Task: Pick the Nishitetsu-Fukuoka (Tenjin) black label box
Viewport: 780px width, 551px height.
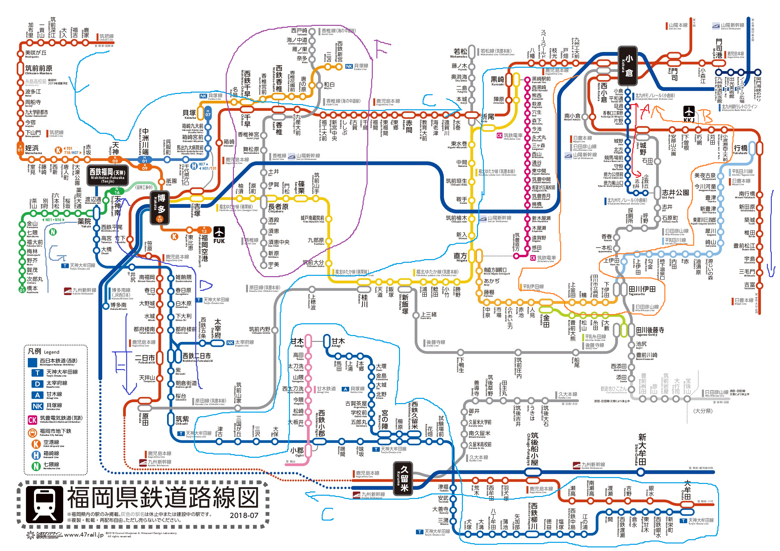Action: (108, 175)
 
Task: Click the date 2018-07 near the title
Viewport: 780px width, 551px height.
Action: (244, 515)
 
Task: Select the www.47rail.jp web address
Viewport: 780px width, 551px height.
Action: (84, 535)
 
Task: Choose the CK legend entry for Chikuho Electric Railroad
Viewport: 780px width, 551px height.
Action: (32, 420)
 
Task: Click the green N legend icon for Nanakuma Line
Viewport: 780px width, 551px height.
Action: (36, 467)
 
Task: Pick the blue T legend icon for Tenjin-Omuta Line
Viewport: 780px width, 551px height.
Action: (37, 373)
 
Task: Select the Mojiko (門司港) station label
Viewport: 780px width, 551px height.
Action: (718, 47)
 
